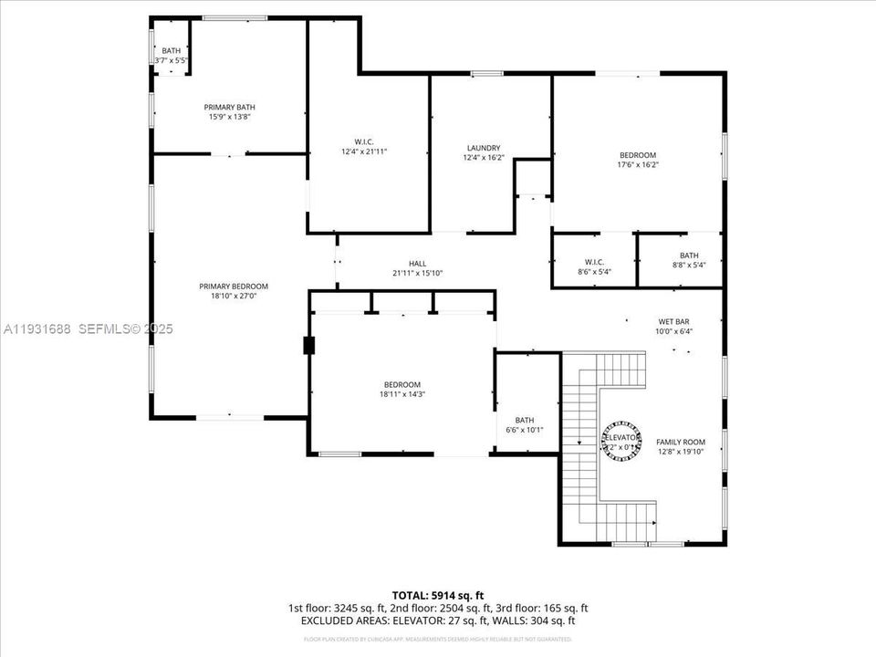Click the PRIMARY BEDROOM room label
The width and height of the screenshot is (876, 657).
point(234,286)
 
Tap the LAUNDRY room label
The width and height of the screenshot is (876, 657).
point(483,148)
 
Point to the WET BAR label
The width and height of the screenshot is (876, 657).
point(674,321)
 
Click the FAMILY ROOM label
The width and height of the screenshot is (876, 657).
point(681,442)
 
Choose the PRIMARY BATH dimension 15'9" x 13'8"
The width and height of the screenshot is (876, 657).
point(229,117)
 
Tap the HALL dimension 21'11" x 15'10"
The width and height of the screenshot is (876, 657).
point(417,273)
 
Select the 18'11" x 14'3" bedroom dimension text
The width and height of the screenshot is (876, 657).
point(402,394)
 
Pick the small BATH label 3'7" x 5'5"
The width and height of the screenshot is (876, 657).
point(172,60)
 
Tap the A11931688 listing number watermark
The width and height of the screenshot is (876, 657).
point(38,328)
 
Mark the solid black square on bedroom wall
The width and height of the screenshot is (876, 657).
point(308,345)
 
